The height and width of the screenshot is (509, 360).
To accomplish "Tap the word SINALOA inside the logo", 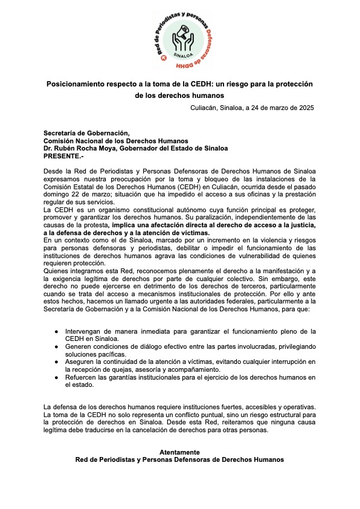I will point(179,54).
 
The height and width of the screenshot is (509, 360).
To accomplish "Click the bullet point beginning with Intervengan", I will point(56,331).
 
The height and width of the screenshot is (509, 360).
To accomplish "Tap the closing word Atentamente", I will point(179,452).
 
